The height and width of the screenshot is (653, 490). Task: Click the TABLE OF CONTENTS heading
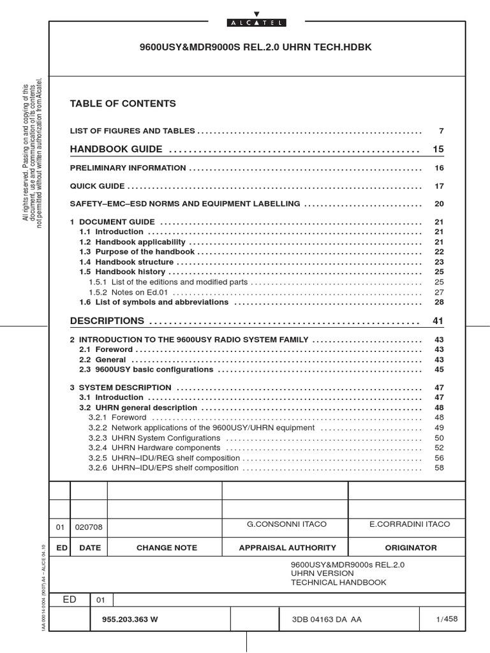[x=122, y=103]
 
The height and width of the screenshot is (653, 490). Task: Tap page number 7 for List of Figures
[x=441, y=131]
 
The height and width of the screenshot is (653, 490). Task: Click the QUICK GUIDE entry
[x=97, y=186]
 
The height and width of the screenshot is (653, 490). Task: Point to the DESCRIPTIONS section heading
[x=107, y=321]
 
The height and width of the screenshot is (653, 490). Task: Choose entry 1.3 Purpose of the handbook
[x=137, y=252]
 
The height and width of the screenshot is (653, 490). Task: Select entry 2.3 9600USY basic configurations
[x=146, y=369]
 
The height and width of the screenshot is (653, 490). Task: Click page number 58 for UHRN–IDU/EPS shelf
[x=439, y=467]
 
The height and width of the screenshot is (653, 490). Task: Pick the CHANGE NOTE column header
[x=167, y=548]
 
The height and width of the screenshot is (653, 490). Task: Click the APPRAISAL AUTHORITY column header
[x=287, y=548]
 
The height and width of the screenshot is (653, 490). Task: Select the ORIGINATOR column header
[x=411, y=548]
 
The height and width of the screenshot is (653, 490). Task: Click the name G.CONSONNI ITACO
[x=286, y=524]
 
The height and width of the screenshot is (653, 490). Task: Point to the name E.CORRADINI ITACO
[x=410, y=524]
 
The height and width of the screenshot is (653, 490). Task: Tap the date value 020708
[x=88, y=527]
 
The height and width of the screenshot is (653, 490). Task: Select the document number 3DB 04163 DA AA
[x=326, y=619]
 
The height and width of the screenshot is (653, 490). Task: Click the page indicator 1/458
[x=447, y=619]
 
